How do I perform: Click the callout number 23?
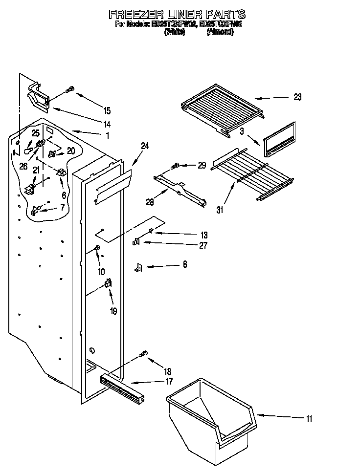[x=297, y=97]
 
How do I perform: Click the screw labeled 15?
[x=69, y=90]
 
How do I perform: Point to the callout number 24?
[x=145, y=146]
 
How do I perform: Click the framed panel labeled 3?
[x=279, y=140]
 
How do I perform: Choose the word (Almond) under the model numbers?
[x=224, y=32]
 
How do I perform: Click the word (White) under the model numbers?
[x=175, y=32]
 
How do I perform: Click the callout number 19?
[x=113, y=311]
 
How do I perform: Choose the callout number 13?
[x=204, y=234]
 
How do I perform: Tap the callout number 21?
[x=36, y=170]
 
